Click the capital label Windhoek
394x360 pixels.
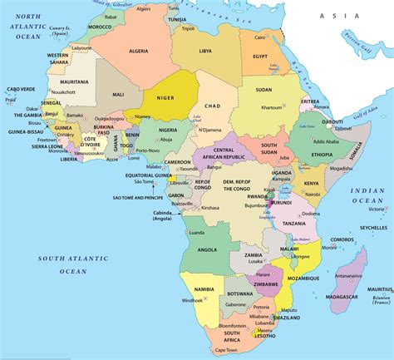(x=193, y=299)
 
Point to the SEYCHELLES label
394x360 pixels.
(x=372, y=227)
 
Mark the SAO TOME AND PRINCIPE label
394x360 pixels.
(x=135, y=198)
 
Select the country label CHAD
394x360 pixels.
(x=211, y=106)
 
